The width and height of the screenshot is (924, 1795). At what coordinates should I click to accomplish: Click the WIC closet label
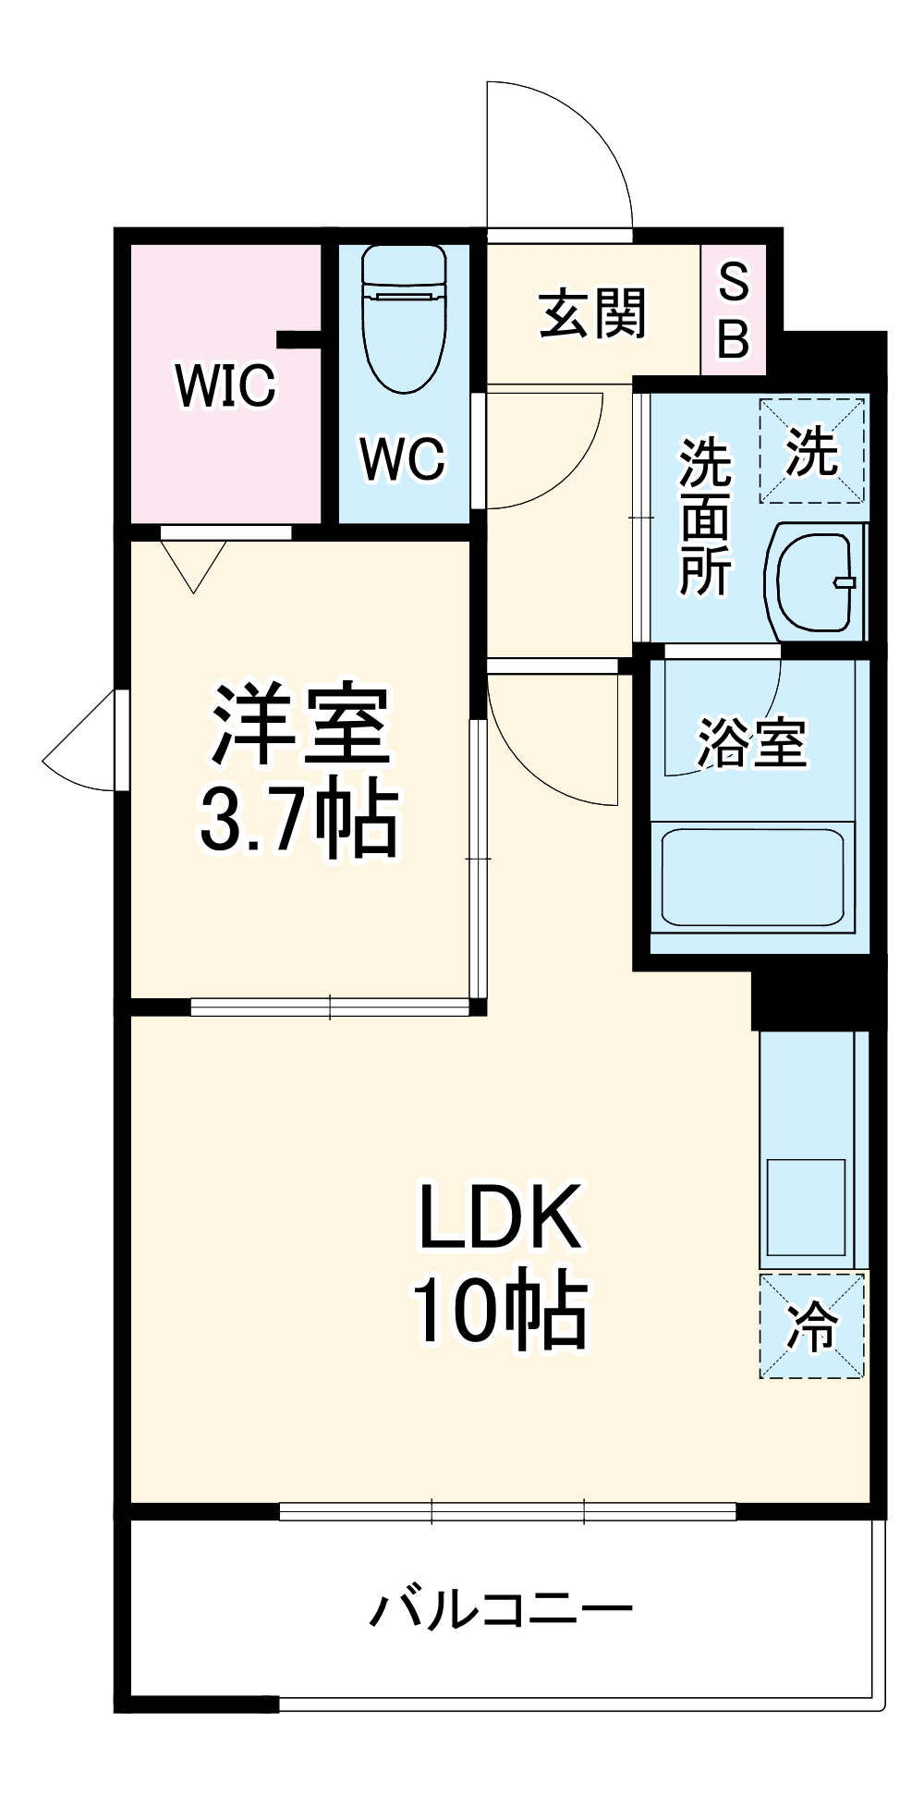point(225,385)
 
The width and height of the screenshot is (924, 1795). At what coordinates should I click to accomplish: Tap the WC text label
point(403,458)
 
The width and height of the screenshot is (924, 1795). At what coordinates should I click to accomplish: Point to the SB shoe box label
point(734,311)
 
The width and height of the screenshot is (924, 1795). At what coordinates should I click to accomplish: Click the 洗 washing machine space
point(812,451)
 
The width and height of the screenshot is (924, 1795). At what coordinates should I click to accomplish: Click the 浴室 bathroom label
point(751,742)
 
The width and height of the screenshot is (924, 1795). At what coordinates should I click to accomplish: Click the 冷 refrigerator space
point(812,1326)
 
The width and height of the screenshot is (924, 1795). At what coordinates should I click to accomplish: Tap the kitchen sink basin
point(807,1207)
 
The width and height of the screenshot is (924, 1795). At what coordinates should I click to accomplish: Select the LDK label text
point(500,1216)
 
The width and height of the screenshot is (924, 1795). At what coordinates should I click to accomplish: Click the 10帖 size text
point(500,1311)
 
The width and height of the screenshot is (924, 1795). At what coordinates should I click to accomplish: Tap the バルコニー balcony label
point(502,1609)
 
